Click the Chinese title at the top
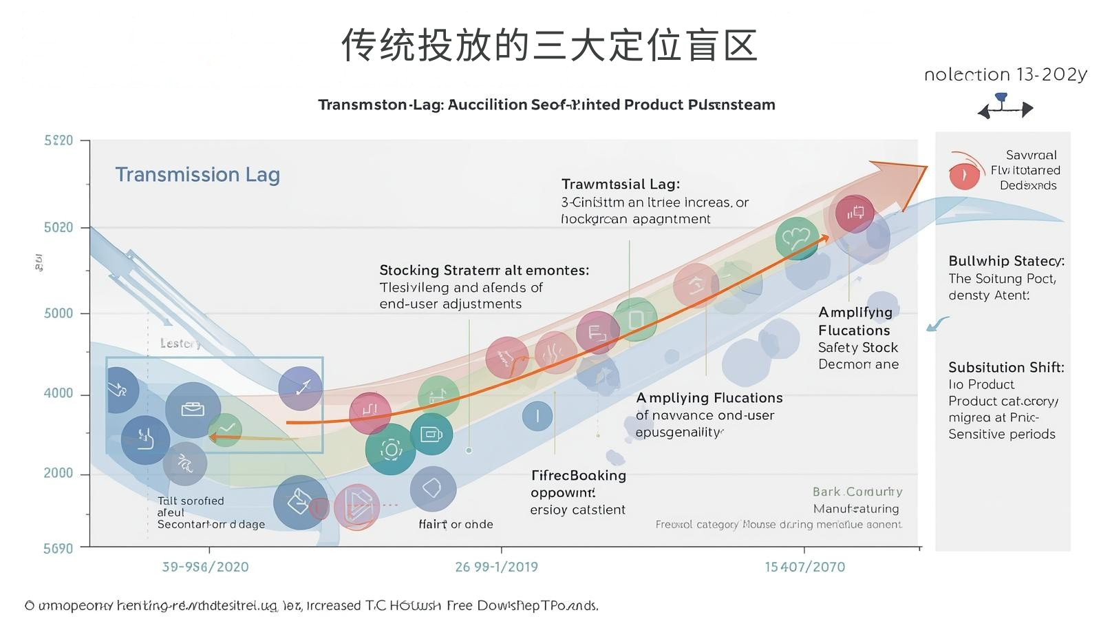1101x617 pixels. coord(549,45)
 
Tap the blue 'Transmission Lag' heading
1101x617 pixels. coord(197,175)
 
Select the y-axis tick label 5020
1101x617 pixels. coord(58,228)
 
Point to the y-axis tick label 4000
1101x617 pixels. coord(58,393)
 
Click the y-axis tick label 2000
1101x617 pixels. coord(58,473)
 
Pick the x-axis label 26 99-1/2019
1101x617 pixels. coord(496,567)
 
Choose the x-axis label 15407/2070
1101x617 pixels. coord(804,567)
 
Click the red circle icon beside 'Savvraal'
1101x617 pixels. coord(964,175)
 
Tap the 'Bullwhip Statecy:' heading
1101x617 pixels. coord(1006,261)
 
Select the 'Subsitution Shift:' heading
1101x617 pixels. coord(1006,367)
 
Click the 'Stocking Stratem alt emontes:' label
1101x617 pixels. coord(484,270)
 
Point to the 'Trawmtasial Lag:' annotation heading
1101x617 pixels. coord(620,184)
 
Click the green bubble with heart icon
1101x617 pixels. coord(797,238)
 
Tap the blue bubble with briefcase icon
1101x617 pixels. coord(193,410)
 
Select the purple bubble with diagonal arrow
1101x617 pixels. coord(301,388)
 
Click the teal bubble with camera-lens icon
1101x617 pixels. coord(391,450)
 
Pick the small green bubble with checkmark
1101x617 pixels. coord(225,430)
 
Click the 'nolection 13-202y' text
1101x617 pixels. coord(1005,74)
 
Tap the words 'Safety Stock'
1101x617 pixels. coord(857,347)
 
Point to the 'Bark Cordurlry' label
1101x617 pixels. coord(857,492)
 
